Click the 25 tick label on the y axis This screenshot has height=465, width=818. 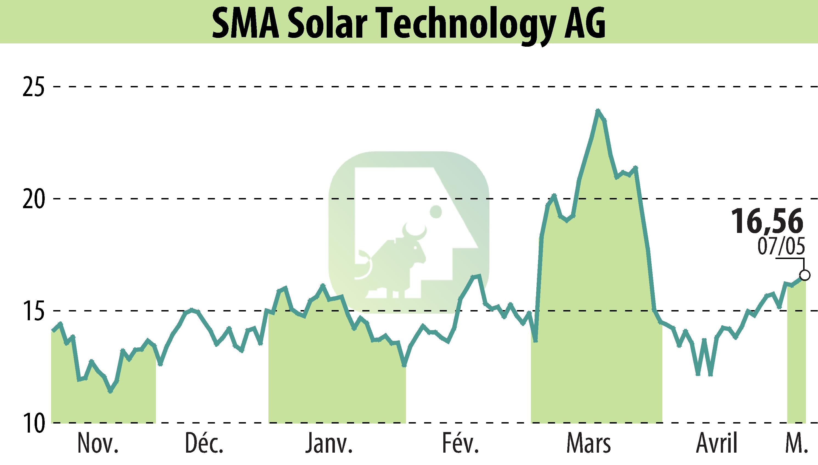click(33, 87)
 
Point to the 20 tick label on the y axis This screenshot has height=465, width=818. click(33, 199)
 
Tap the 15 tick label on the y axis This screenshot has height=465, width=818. click(33, 311)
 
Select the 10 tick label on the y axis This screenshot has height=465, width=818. click(33, 423)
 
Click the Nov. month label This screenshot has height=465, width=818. click(98, 444)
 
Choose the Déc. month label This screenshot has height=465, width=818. click(204, 444)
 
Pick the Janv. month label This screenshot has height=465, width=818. click(329, 444)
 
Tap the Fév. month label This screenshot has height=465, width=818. click(461, 444)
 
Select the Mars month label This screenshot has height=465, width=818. click(589, 444)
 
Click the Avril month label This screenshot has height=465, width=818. click(717, 444)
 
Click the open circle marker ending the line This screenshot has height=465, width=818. click(805, 275)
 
